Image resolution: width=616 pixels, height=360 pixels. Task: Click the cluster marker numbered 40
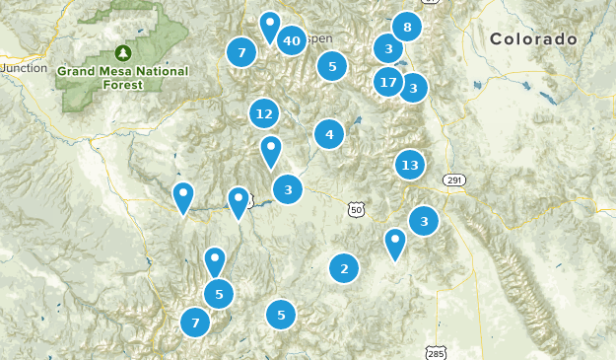click(x=291, y=40)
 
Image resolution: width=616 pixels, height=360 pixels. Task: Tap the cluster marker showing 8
click(x=407, y=27)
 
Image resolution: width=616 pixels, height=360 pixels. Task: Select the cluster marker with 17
click(x=388, y=83)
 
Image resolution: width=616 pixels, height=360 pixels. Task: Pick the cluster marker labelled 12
click(x=263, y=114)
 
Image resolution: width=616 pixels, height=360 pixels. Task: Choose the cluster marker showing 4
click(x=329, y=134)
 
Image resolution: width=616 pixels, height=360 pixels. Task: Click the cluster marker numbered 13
click(x=410, y=165)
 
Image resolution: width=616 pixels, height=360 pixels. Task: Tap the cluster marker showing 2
click(x=344, y=268)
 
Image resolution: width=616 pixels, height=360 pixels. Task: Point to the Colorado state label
click(x=533, y=39)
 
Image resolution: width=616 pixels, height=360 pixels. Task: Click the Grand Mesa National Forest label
click(x=114, y=78)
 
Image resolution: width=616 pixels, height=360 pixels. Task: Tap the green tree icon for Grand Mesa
click(x=123, y=52)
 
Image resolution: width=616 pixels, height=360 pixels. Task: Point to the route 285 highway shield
click(x=436, y=352)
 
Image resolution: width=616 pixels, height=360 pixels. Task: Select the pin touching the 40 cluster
click(x=269, y=26)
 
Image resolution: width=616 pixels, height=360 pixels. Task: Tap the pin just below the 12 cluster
click(x=271, y=151)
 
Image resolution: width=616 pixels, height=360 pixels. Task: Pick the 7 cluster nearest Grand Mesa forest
click(x=241, y=52)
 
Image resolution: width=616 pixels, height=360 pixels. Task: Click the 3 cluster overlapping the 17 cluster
click(x=413, y=88)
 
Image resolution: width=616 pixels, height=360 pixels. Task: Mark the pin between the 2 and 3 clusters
click(x=395, y=243)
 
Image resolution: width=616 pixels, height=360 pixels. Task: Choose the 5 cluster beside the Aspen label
click(x=332, y=66)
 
